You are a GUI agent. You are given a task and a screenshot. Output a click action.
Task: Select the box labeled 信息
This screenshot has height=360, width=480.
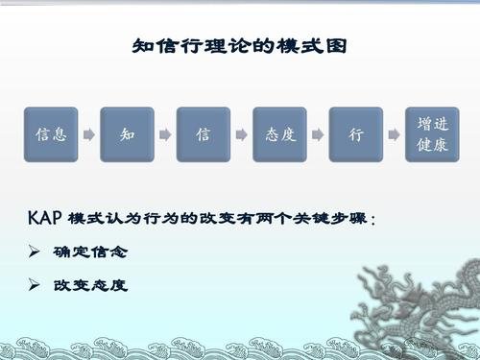coord(50,135)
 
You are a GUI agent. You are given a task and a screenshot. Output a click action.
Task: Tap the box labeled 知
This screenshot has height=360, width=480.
coord(127,135)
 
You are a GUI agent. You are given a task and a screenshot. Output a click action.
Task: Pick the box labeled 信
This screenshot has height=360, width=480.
coord(203,135)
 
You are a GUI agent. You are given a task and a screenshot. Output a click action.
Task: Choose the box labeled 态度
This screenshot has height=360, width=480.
coord(279,135)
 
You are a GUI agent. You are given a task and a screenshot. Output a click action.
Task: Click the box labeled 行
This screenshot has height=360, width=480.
coord(355,135)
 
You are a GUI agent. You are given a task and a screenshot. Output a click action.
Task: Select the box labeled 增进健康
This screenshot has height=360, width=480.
coord(431,135)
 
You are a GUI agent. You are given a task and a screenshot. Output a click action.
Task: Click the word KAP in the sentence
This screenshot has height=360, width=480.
coord(45,218)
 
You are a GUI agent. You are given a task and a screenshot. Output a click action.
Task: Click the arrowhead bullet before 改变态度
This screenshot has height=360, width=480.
coord(36,285)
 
